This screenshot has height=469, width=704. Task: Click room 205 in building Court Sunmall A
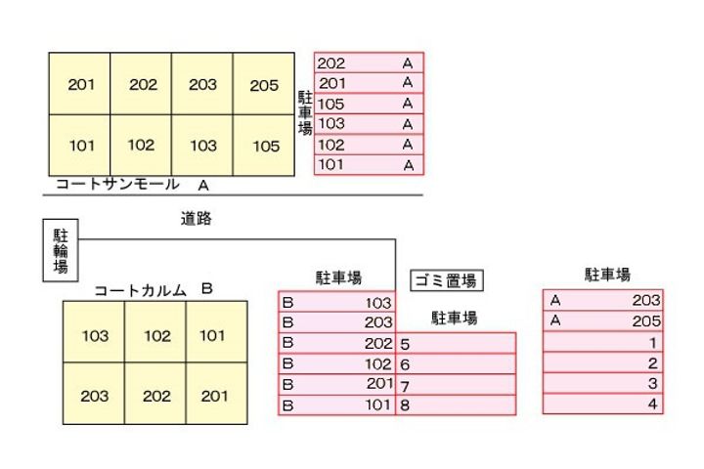pyautogui.click(x=264, y=85)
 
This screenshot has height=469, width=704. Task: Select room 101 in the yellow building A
pyautogui.click(x=81, y=147)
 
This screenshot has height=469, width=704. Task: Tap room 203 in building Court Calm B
pyautogui.click(x=95, y=397)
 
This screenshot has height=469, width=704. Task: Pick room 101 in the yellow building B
pyautogui.click(x=212, y=336)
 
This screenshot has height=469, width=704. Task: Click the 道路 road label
pyautogui.click(x=196, y=220)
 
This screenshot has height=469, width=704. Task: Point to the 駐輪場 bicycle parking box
pyautogui.click(x=61, y=252)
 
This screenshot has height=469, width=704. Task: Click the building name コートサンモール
pyautogui.click(x=117, y=184)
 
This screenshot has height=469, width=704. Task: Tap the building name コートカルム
pyautogui.click(x=141, y=290)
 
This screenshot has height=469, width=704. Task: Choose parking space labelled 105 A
pyautogui.click(x=368, y=104)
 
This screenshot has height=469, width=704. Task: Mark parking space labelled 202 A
pyautogui.click(x=368, y=64)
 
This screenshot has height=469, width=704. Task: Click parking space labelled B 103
pyautogui.click(x=337, y=303)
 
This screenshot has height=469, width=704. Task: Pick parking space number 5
pyautogui.click(x=456, y=343)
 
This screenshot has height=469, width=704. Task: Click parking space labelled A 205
pyautogui.click(x=603, y=320)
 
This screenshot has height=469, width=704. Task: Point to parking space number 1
pyautogui.click(x=603, y=342)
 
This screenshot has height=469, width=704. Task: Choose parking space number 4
pyautogui.click(x=603, y=405)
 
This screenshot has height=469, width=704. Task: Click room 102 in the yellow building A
pyautogui.click(x=142, y=147)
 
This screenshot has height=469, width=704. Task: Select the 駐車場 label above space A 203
pyautogui.click(x=607, y=275)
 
